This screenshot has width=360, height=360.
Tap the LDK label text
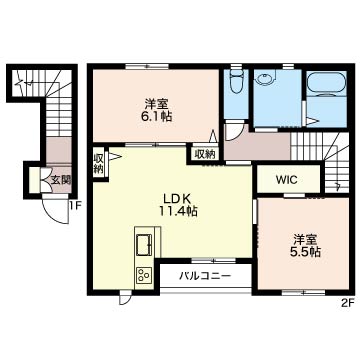pos(176,199)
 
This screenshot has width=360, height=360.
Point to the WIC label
pos(286,180)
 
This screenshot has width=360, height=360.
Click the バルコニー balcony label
pos(205,276)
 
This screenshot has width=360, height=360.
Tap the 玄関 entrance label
pos(61,180)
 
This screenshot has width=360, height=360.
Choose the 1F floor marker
pos(75,206)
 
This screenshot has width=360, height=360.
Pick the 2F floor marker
pos(347,303)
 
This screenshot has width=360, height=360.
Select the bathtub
pos(326,83)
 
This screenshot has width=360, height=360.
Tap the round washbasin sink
pos(266,79)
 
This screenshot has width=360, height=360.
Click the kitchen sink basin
pos(144,245)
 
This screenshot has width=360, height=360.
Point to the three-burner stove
pos(144,275)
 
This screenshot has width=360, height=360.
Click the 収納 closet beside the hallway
pos(205,154)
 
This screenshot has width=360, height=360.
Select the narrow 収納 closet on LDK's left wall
pos(98,163)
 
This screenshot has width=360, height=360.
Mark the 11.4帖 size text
pos(178,211)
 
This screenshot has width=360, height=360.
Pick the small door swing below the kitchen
pos(125,300)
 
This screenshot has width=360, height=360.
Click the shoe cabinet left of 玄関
pos(34,180)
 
